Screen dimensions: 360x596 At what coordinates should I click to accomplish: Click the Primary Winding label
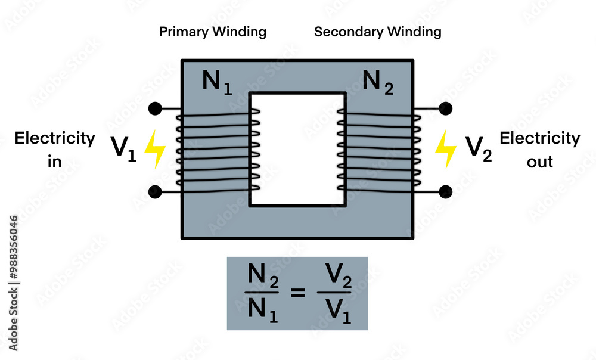(x=213, y=32)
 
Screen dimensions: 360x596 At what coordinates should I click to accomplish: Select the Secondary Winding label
(x=378, y=32)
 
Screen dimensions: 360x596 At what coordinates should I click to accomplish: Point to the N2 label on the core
(x=378, y=82)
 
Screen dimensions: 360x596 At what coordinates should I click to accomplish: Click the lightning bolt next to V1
(x=156, y=149)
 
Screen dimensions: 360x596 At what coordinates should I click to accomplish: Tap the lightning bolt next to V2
(x=445, y=149)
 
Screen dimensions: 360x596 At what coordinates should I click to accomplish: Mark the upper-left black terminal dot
(x=155, y=108)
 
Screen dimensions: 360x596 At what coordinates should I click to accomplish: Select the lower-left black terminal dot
(x=155, y=191)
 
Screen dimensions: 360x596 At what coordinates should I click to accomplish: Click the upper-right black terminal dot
(x=445, y=108)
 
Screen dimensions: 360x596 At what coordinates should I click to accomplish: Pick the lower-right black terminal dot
(x=445, y=191)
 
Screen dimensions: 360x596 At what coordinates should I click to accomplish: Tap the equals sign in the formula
(x=297, y=293)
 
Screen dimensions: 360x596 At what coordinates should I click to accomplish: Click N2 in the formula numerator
(x=262, y=278)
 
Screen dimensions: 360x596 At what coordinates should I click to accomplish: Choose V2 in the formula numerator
(x=334, y=278)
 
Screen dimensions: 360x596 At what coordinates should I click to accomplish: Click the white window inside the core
(x=297, y=149)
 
